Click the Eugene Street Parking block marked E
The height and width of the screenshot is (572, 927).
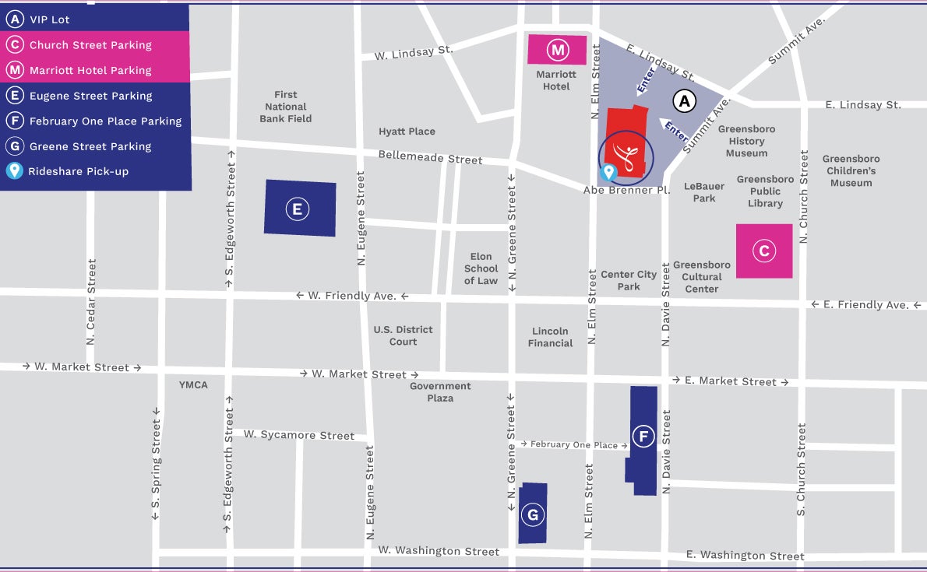[x=299, y=209]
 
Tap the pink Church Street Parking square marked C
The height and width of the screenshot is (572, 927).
[x=763, y=251]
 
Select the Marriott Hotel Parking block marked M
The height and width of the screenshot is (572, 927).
[x=557, y=51]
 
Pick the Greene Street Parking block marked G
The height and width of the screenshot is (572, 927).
[x=533, y=514]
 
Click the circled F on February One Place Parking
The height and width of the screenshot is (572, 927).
[x=643, y=437]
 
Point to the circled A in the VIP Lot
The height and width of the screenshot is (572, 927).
[x=684, y=101]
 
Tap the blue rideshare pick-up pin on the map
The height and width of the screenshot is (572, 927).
[x=608, y=171]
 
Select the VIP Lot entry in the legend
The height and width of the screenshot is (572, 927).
[x=51, y=20]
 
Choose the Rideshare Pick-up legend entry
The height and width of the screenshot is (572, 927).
[x=78, y=171]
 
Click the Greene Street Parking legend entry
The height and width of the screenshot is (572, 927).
[x=90, y=146]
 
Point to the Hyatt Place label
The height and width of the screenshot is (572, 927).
[x=407, y=132]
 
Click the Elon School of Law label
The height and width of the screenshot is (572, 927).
[x=481, y=268]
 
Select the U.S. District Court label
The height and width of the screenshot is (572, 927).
[x=403, y=335]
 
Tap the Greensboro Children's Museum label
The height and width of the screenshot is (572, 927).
[x=851, y=171]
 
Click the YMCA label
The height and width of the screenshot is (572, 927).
[x=193, y=384]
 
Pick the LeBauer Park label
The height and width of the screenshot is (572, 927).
[x=704, y=192]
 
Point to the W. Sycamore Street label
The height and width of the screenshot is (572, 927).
[x=298, y=435]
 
